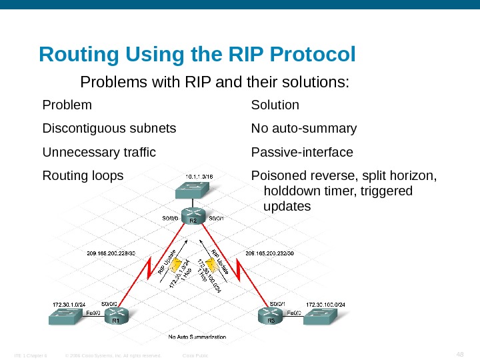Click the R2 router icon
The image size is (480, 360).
click(x=193, y=219)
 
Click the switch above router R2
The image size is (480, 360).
click(x=192, y=192)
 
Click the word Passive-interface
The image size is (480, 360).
click(x=302, y=153)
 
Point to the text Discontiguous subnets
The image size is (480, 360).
click(x=109, y=128)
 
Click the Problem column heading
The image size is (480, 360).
click(x=67, y=105)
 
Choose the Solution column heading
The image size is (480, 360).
click(x=275, y=105)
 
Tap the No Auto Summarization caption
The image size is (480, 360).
click(x=197, y=337)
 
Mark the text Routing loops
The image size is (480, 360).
click(x=83, y=176)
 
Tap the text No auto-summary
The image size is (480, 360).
click(x=304, y=128)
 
